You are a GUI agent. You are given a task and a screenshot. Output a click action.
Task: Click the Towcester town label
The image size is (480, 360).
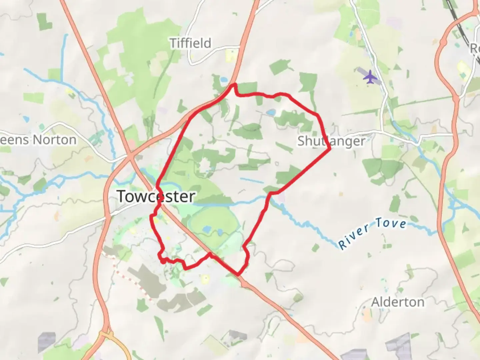[x=156, y=196]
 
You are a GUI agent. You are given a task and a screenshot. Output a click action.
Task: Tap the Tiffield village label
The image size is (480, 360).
[x=190, y=43]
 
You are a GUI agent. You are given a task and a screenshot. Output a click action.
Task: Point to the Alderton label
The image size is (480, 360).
[x=398, y=302]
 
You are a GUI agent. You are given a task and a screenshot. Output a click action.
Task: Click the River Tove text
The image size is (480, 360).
[x=372, y=232]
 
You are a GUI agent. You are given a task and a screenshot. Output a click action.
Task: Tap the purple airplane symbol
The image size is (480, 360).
[x=370, y=77]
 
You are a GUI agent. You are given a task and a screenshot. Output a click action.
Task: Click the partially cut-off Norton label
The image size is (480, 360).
[x=38, y=140]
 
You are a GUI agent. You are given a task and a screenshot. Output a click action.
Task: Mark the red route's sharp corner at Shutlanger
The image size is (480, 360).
[x=330, y=148]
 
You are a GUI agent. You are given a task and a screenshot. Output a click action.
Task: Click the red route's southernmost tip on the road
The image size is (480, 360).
[x=238, y=275]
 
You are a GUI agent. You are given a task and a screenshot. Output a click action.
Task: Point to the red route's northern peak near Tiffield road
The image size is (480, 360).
[x=234, y=85]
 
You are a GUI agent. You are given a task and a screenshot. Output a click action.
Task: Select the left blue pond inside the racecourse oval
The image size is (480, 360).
[x=206, y=229]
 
